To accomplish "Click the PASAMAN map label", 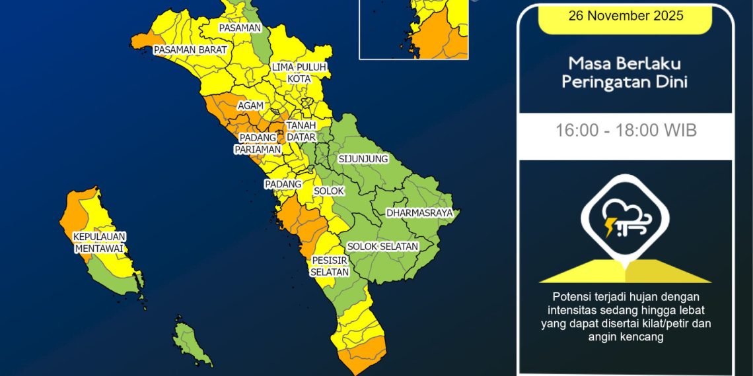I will click(x=240, y=28).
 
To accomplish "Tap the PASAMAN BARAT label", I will click(x=190, y=49).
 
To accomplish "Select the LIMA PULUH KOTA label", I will click(x=299, y=73).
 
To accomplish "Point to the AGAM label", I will click(x=250, y=106).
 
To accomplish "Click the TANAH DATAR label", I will click(x=301, y=131).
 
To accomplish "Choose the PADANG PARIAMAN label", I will click(x=257, y=143).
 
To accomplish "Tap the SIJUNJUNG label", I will click(x=363, y=159).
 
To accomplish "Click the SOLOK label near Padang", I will click(x=329, y=191).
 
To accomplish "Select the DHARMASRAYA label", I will click(x=419, y=213).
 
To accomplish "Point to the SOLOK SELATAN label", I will click(x=382, y=246).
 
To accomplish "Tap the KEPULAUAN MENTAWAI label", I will click(x=100, y=242).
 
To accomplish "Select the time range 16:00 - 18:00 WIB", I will click(x=626, y=130).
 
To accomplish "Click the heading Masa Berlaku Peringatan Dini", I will click(x=626, y=73).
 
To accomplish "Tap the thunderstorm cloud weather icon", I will click(x=624, y=220).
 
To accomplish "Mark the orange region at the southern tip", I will click(x=361, y=354).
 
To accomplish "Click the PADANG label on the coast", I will click(x=283, y=184).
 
